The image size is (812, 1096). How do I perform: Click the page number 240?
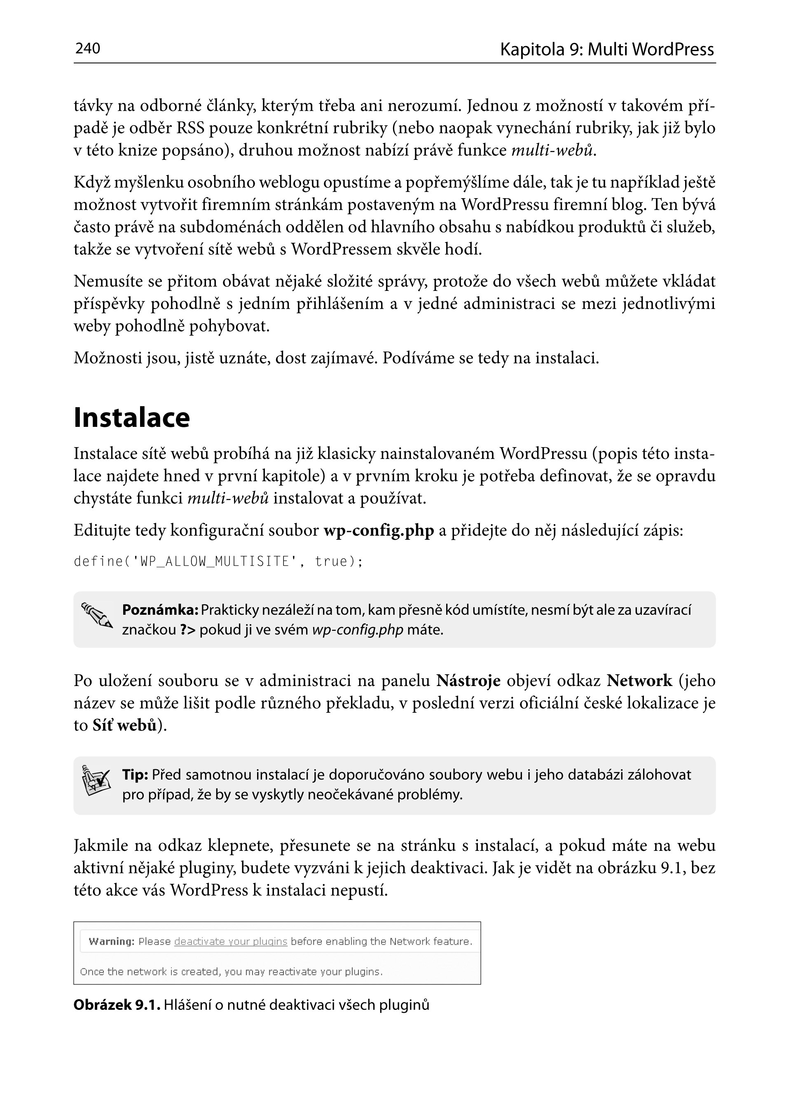coord(87,48)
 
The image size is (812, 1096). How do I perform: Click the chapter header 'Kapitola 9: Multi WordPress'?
coord(606,49)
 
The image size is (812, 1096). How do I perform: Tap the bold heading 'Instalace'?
coord(131,418)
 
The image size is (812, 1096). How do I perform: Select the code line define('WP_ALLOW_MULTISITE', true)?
coord(218,561)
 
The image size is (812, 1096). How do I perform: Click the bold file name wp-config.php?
coord(379,530)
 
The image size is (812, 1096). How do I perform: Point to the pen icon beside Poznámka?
coord(97,615)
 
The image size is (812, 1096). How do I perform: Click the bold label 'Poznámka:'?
coord(160,610)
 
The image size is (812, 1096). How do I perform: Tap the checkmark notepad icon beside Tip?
coord(95,780)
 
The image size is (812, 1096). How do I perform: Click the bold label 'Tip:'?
coord(135,775)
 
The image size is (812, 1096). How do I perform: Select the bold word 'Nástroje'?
coord(468,681)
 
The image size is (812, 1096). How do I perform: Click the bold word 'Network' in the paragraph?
coord(639,681)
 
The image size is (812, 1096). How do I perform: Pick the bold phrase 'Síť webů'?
coord(124,726)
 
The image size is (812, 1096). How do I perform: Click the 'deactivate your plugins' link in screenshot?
coord(231,941)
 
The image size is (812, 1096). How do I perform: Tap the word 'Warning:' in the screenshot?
coord(111,941)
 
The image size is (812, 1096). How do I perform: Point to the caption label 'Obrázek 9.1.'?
coord(117,1005)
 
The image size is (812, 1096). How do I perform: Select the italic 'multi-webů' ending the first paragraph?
coord(552,150)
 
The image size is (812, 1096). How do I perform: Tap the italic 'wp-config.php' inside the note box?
coord(357,630)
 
